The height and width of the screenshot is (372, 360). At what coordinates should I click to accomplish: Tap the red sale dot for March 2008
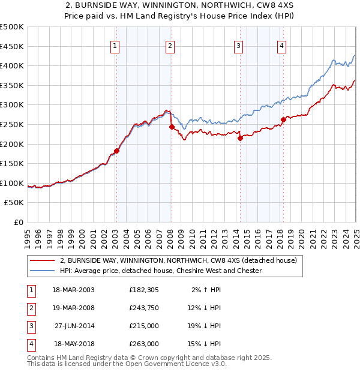pyautogui.click(x=172, y=127)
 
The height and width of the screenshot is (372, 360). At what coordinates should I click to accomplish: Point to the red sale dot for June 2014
pyautogui.click(x=240, y=138)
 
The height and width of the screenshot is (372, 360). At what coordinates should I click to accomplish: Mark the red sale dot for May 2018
pyautogui.click(x=283, y=119)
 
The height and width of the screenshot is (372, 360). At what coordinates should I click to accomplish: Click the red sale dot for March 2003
pyautogui.click(x=117, y=151)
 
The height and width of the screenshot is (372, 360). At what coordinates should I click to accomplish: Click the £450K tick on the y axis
pyautogui.click(x=12, y=46)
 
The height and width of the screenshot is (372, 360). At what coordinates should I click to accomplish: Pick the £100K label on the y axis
pyautogui.click(x=12, y=183)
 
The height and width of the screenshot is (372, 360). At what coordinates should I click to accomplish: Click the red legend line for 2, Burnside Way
pyautogui.click(x=41, y=261)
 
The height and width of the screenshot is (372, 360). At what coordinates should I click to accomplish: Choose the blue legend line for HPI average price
pyautogui.click(x=41, y=271)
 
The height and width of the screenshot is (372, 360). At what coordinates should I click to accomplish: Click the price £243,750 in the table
pyautogui.click(x=144, y=308)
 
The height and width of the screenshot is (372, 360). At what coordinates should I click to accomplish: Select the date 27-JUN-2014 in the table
pyautogui.click(x=74, y=326)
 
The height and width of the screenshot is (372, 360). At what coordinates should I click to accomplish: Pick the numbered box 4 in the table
pyautogui.click(x=31, y=344)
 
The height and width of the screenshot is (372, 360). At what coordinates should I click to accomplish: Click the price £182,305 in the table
pyautogui.click(x=144, y=290)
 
